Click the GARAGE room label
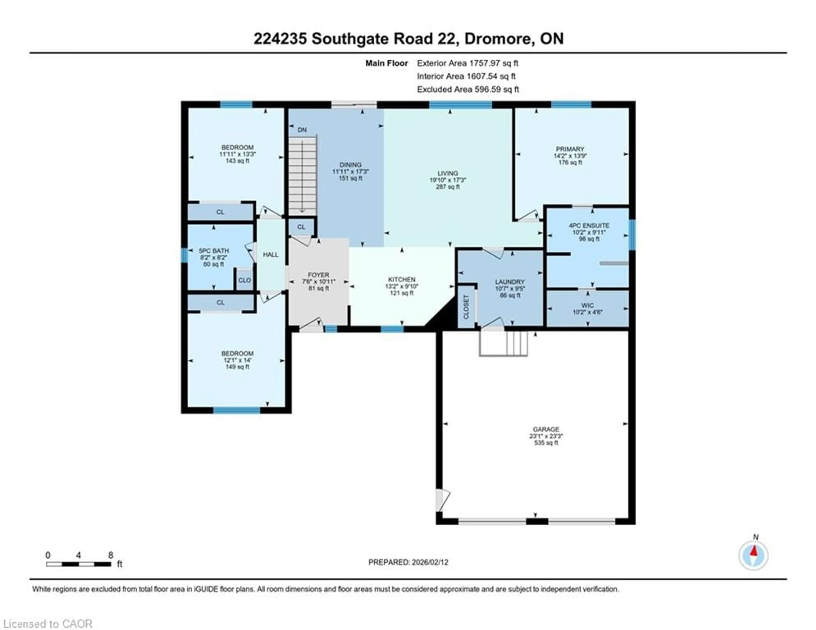pyautogui.click(x=546, y=429)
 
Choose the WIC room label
pyautogui.click(x=587, y=305)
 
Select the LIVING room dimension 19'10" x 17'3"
pyautogui.click(x=448, y=180)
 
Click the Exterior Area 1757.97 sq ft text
pyautogui.click(x=467, y=63)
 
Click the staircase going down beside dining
pyautogui.click(x=302, y=176)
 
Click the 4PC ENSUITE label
pyautogui.click(x=589, y=225)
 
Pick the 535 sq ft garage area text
pyautogui.click(x=546, y=443)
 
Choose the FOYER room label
pyautogui.click(x=318, y=275)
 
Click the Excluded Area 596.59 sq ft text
pyautogui.click(x=468, y=89)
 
